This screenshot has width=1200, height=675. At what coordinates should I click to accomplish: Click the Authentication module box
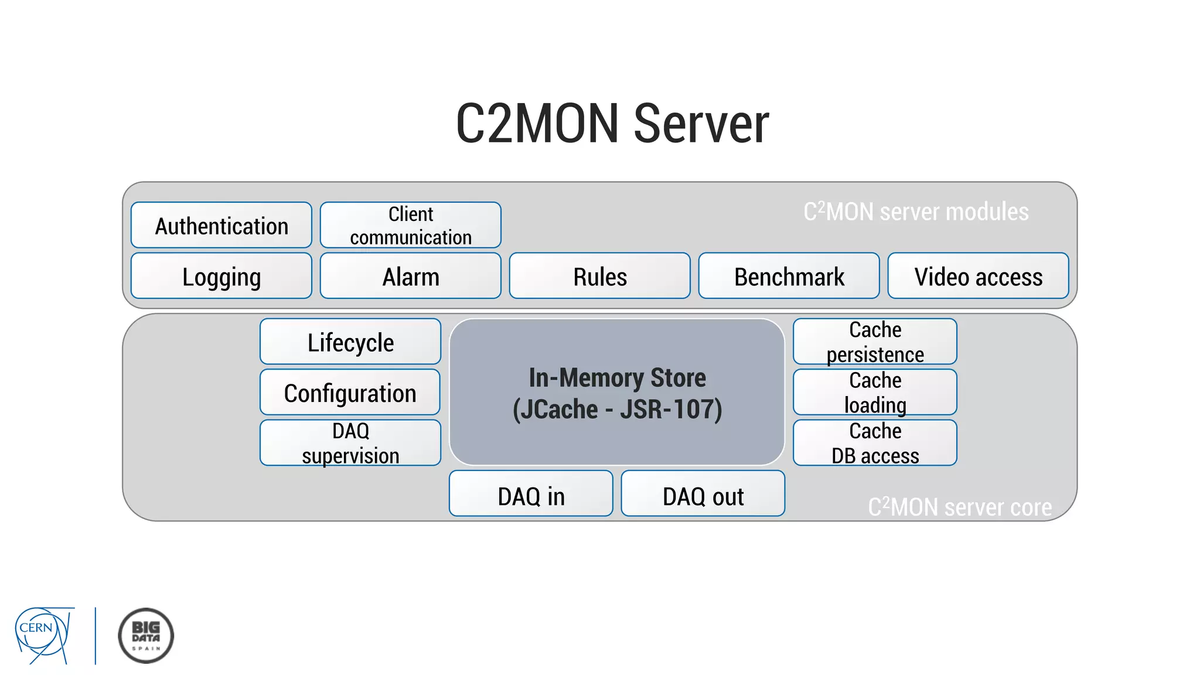[221, 226]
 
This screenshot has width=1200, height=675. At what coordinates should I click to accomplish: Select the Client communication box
[410, 226]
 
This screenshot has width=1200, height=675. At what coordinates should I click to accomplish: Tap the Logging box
[221, 276]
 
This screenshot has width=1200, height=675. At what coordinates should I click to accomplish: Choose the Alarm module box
[410, 276]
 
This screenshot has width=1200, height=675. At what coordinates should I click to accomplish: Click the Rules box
[599, 276]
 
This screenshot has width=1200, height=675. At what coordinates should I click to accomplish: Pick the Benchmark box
[789, 276]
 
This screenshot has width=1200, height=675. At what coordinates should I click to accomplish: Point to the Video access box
[978, 276]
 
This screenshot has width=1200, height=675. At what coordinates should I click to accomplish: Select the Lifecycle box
[350, 342]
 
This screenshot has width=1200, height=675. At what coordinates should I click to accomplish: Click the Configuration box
[350, 392]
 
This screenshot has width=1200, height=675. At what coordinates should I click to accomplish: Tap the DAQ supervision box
[350, 443]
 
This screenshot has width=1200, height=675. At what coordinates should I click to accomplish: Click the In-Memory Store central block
[617, 392]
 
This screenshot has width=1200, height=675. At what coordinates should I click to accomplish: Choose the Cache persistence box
[875, 342]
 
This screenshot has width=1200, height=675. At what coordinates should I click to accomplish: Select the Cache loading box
[875, 392]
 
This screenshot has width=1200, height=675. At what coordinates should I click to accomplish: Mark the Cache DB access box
[875, 443]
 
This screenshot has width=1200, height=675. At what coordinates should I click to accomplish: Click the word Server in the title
[701, 124]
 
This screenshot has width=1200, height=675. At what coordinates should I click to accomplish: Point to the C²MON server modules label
[915, 212]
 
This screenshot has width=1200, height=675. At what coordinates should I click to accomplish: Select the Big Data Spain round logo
[146, 635]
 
